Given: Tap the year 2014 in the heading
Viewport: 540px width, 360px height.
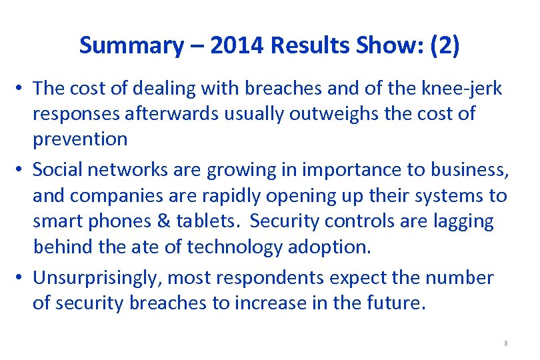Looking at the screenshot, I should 227,45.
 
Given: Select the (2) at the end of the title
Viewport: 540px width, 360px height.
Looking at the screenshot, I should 445,45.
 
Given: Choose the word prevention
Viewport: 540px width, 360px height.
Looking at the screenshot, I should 80,139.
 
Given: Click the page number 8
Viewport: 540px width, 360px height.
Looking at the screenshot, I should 506,344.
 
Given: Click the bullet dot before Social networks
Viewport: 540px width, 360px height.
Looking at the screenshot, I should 22,171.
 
